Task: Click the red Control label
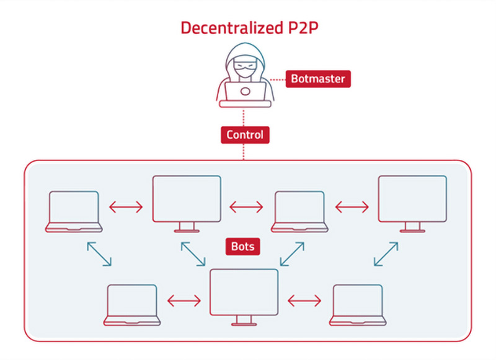coord(244,134)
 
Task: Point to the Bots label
coord(242,246)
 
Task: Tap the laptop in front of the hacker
coord(244,94)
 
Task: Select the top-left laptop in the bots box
coord(74,211)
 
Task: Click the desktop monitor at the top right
coord(412,202)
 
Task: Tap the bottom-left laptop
coord(131,304)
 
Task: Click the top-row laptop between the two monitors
coord(299,211)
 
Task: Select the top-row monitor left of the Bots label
coord(187,202)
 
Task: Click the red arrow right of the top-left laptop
coord(126,206)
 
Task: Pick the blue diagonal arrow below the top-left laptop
coord(99,254)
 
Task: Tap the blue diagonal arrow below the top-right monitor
coord(386,254)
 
